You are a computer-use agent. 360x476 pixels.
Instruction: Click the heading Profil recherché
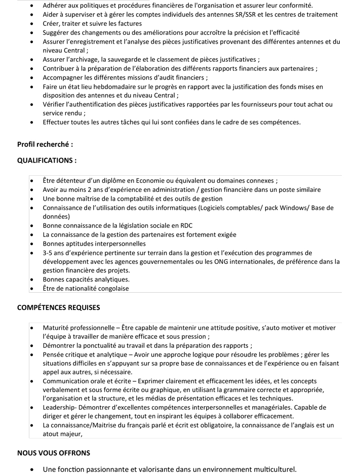pos(45,144)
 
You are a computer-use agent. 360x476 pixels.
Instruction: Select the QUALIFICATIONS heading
pos(47,161)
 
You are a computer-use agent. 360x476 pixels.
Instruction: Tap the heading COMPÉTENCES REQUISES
pos(59,307)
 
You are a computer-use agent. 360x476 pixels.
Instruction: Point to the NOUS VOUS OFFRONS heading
pos(54,453)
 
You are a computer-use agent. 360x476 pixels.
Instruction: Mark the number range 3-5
pos(49,253)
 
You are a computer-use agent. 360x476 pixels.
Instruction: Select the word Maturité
pos(57,328)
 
